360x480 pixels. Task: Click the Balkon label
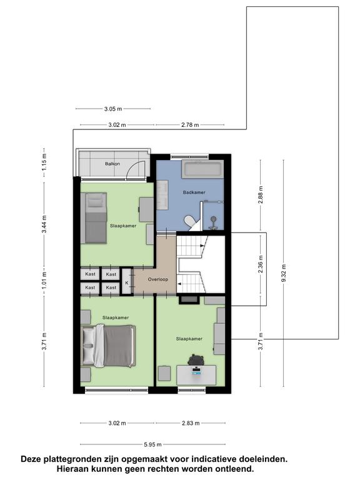pos(112,164)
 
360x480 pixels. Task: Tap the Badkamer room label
pos(194,192)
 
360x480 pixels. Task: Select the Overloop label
pos(157,279)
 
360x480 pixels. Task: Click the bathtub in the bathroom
pos(201,169)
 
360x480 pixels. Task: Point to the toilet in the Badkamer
pos(190,222)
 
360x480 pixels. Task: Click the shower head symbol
pos(213,219)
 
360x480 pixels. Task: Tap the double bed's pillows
pos(89,346)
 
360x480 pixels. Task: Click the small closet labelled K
pos(127,282)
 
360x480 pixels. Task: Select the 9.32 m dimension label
pos(284,273)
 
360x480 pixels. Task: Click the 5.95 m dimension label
pos(152,444)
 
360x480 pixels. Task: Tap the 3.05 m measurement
pos(113,109)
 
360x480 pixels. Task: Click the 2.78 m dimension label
pos(190,125)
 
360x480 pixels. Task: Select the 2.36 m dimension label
pos(261,264)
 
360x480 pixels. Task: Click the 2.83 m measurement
pos(191,423)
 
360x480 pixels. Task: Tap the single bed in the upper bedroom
pos(96,218)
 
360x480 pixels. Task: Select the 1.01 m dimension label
pos(44,281)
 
